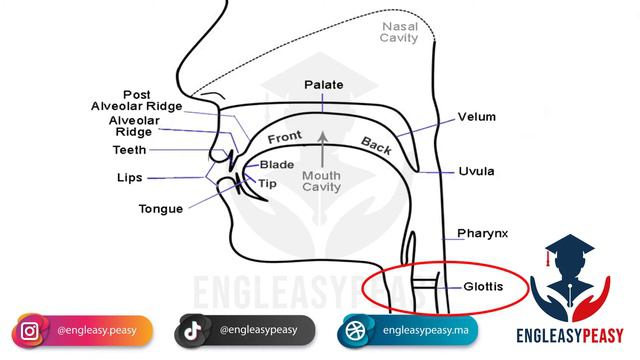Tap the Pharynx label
click(482, 233)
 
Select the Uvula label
click(476, 170)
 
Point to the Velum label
click(476, 116)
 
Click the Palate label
click(324, 85)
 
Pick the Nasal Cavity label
click(399, 31)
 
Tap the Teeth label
click(129, 150)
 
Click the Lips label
click(129, 177)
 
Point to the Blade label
click(276, 164)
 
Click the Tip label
click(267, 183)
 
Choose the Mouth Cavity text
click(322, 181)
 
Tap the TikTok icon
click(193, 329)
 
